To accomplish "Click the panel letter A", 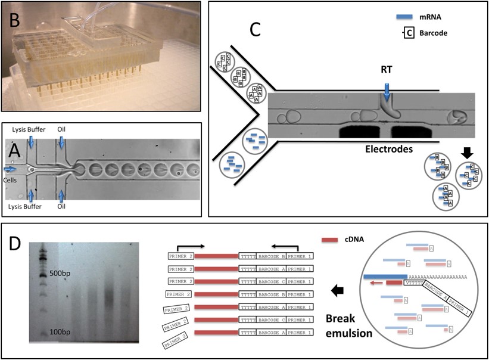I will click(x=15, y=150).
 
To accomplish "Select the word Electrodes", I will click(x=389, y=150).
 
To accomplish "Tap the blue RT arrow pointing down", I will click(x=387, y=91).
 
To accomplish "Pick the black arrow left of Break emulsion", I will click(x=337, y=290).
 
